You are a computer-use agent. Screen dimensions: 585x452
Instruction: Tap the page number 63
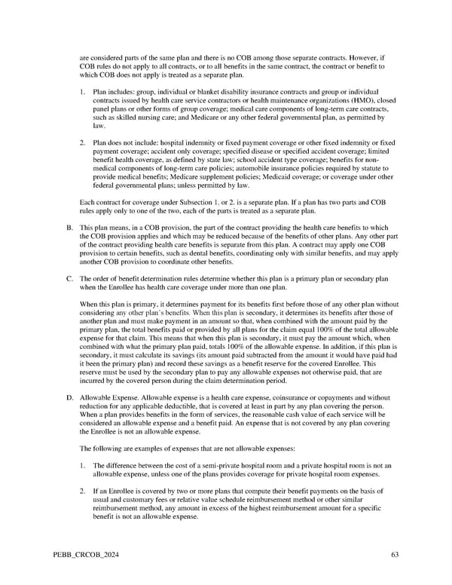pos(395,555)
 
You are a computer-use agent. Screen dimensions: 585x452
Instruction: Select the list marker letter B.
pos(69,226)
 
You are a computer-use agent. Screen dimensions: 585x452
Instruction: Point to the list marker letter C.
pos(69,279)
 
